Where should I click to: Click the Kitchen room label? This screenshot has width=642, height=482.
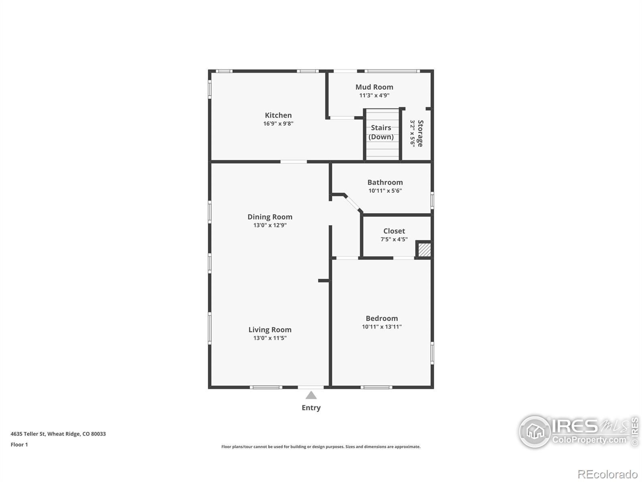point(278,115)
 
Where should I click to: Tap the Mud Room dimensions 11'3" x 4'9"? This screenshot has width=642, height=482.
point(374,96)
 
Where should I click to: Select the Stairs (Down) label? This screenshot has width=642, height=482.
point(381,132)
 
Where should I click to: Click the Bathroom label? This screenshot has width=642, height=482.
point(385,182)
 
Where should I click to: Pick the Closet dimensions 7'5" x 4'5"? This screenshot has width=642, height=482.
point(394,239)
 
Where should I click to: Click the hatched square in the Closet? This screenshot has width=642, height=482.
point(424,250)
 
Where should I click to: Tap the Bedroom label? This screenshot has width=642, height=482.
point(382,319)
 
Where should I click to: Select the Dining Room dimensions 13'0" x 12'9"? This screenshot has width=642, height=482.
point(270,225)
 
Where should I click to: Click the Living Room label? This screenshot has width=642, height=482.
point(270,330)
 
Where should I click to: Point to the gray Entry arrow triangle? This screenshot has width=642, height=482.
point(311,396)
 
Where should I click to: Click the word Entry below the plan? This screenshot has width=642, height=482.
point(311,408)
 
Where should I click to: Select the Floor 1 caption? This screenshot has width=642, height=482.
point(19,445)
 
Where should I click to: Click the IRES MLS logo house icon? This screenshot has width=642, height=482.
point(535,432)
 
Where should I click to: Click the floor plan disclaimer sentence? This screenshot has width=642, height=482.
point(321,447)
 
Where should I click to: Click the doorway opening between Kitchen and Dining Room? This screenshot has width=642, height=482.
point(293,162)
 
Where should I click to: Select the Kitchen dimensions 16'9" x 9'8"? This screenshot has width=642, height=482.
point(278,124)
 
